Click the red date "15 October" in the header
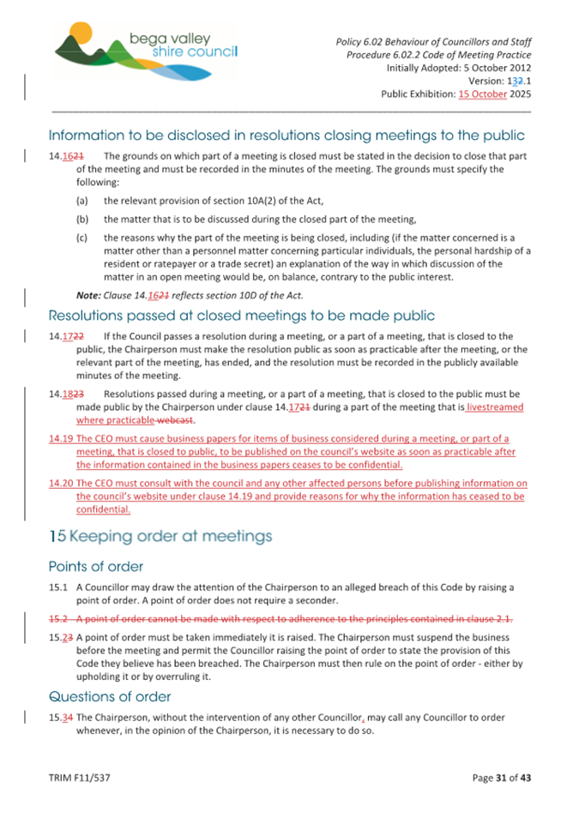pyautogui.click(x=483, y=94)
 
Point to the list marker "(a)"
pyautogui.click(x=82, y=200)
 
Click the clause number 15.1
pyautogui.click(x=57, y=586)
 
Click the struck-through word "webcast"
pyautogui.click(x=181, y=420)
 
